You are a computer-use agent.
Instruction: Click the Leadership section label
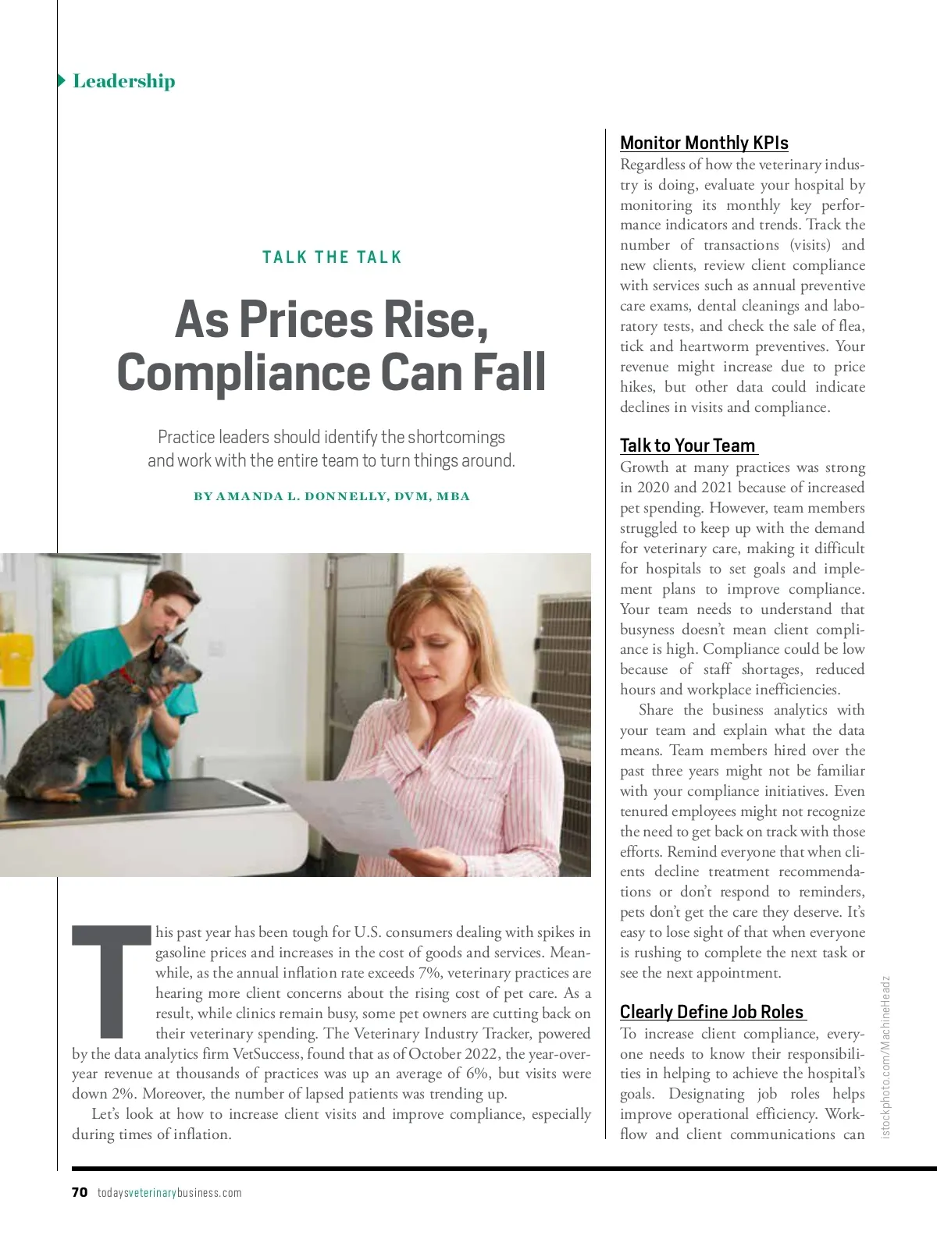(x=123, y=81)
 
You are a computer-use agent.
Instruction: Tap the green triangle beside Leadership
(x=61, y=80)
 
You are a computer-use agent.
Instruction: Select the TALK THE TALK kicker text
(x=332, y=257)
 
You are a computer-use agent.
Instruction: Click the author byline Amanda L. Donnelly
(x=332, y=496)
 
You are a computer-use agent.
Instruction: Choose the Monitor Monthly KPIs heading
(x=704, y=143)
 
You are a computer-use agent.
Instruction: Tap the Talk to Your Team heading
(x=687, y=445)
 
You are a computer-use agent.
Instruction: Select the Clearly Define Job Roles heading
(x=711, y=1012)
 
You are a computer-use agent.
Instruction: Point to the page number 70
(x=79, y=1192)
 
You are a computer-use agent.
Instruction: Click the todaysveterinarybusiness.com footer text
(x=169, y=1193)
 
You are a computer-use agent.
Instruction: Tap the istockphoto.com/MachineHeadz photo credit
(x=885, y=1056)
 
